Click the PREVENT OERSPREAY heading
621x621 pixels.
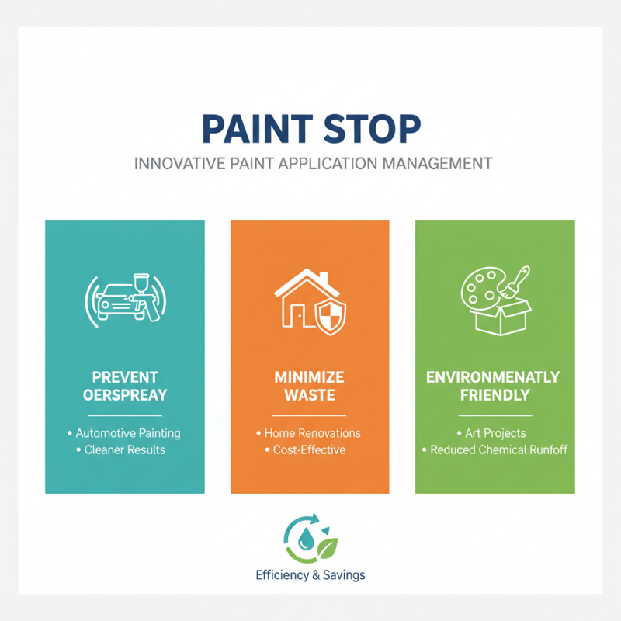tap(125, 385)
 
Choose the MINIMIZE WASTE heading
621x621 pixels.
tap(310, 385)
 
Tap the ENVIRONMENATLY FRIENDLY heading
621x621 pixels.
tap(494, 385)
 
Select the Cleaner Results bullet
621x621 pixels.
tap(125, 449)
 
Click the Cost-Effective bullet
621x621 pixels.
tap(309, 449)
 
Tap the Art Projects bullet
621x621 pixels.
tap(494, 433)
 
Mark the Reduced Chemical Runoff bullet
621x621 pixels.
tap(494, 449)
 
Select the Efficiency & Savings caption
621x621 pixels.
tap(310, 575)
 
